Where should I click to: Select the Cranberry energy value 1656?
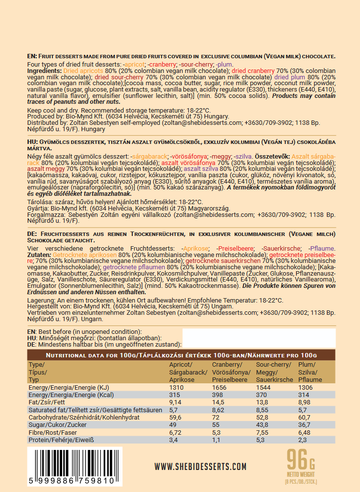[x=220, y=387]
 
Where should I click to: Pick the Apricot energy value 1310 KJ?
[x=176, y=387]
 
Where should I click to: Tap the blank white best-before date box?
[x=259, y=338]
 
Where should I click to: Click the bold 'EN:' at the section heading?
[x=32, y=56]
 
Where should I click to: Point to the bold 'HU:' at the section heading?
[x=32, y=141]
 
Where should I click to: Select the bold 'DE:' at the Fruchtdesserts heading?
[x=32, y=234]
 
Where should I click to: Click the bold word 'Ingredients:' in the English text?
[x=45, y=71]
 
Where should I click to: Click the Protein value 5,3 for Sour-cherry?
[x=261, y=440]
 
